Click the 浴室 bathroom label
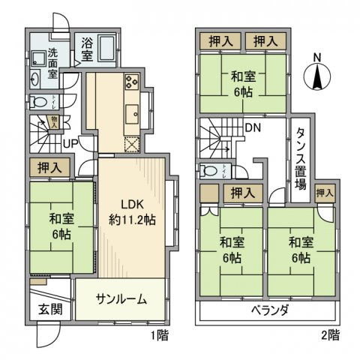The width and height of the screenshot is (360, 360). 87,49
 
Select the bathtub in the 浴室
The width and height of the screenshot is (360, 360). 106,49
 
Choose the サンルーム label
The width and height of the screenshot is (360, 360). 121,298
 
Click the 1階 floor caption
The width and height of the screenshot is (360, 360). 157,335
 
